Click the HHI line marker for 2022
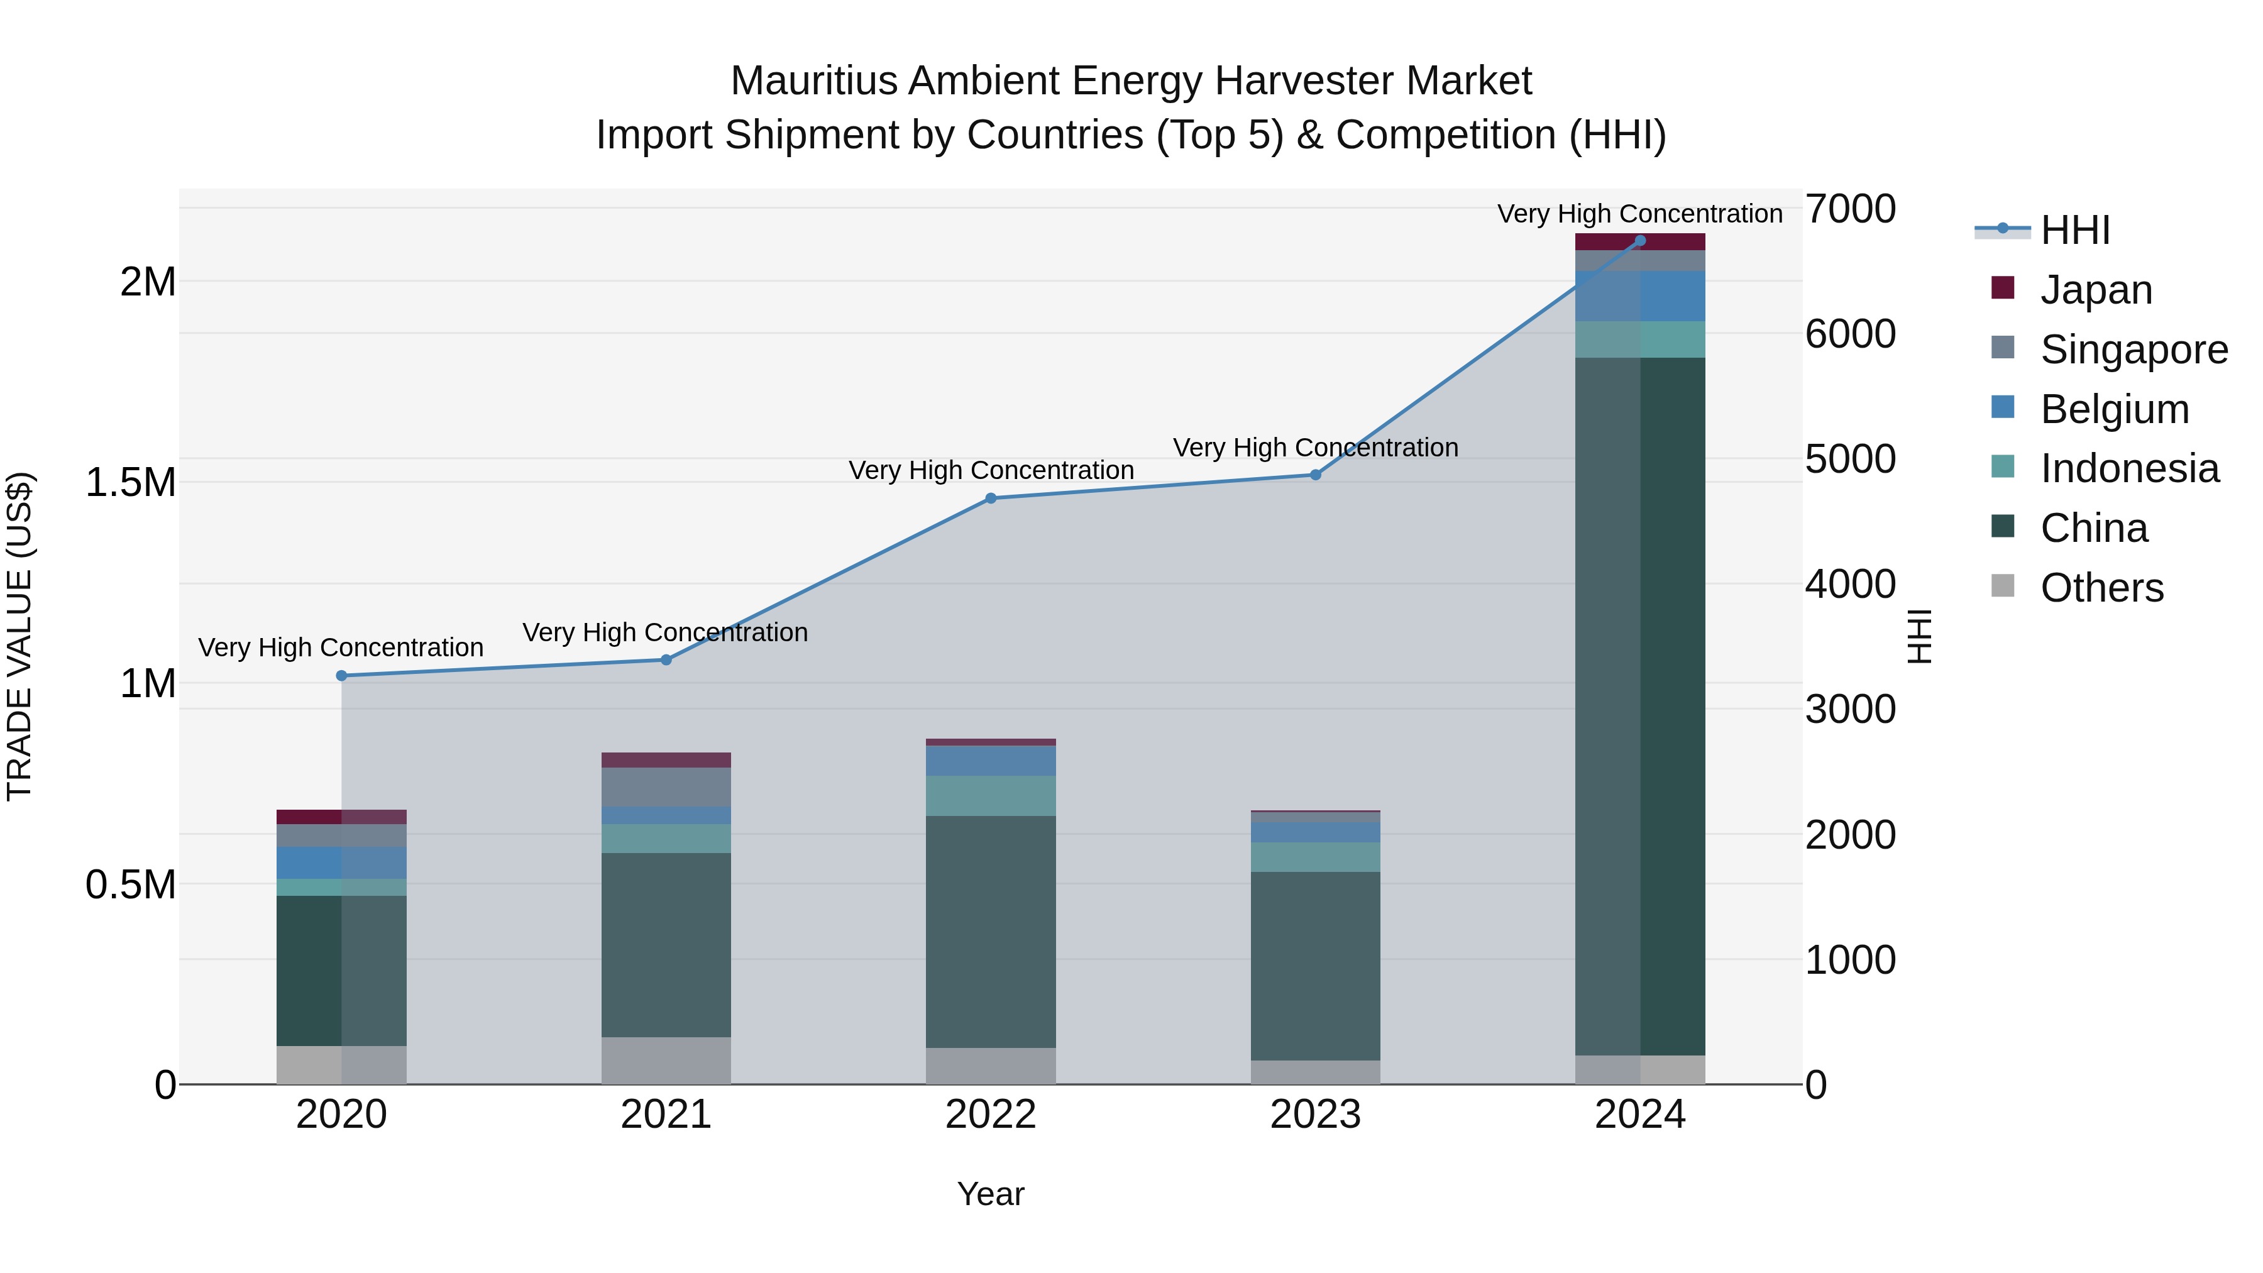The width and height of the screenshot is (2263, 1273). pyautogui.click(x=990, y=498)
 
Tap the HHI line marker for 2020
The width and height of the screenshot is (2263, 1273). pyautogui.click(x=342, y=676)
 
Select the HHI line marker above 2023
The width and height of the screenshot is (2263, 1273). pyautogui.click(x=1315, y=475)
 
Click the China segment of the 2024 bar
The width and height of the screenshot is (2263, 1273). pyautogui.click(x=1639, y=703)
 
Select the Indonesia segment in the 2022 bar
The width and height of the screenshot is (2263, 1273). pyautogui.click(x=990, y=795)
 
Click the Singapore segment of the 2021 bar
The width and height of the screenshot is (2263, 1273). pyautogui.click(x=666, y=787)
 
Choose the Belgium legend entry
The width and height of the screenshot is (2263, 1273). pyautogui.click(x=2113, y=409)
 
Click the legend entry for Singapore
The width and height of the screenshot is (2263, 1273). pyautogui.click(x=2133, y=350)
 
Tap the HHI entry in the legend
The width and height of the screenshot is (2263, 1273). pyautogui.click(x=2074, y=230)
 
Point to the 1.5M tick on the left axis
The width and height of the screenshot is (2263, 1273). pyautogui.click(x=130, y=482)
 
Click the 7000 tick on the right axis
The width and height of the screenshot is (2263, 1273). pyautogui.click(x=1850, y=209)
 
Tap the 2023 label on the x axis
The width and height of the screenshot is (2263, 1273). pyautogui.click(x=1315, y=1115)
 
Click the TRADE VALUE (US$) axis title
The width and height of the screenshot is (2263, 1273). pyautogui.click(x=19, y=636)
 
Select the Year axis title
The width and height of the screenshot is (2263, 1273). pyautogui.click(x=990, y=1194)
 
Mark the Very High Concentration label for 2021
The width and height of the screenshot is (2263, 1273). pyautogui.click(x=665, y=632)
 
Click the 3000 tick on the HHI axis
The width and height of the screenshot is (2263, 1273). pyautogui.click(x=1850, y=709)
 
